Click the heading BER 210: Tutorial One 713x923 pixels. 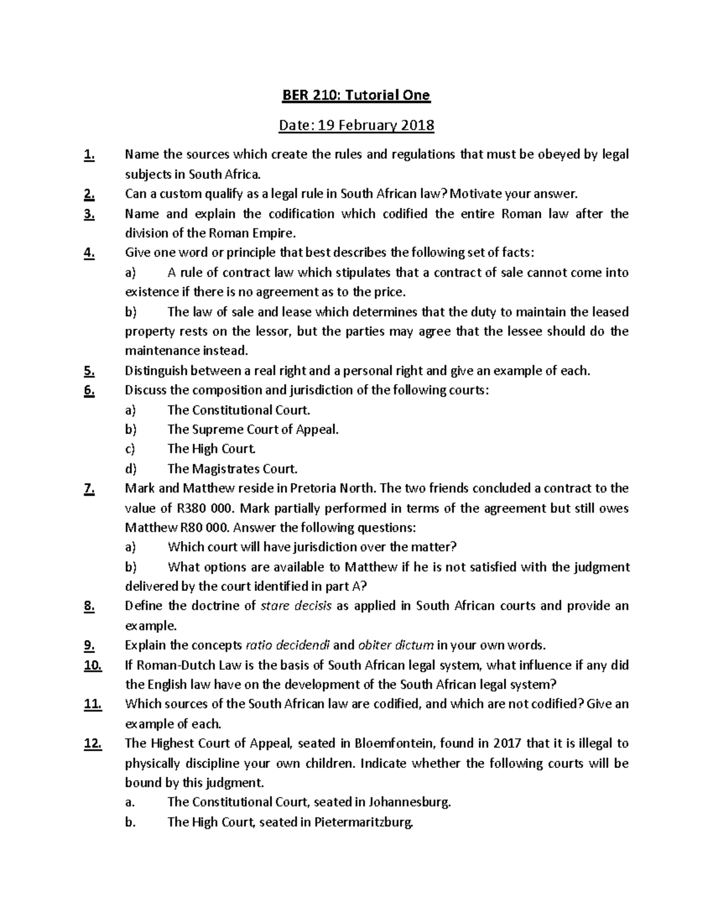coord(356,96)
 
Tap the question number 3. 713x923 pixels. coord(90,214)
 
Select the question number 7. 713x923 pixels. coord(90,489)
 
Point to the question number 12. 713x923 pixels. coord(93,744)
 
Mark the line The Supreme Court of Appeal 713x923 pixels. coord(253,430)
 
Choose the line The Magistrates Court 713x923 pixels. coord(232,469)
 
